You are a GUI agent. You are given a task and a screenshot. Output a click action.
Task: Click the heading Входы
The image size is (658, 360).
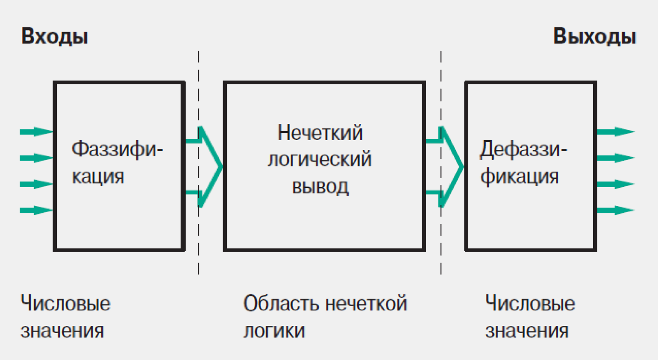(x=54, y=36)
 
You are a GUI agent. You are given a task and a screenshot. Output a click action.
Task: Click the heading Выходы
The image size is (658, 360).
(x=594, y=36)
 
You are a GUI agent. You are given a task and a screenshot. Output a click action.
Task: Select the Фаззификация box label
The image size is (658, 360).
(x=117, y=163)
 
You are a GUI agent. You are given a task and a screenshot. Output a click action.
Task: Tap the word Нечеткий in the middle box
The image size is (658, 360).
(x=320, y=132)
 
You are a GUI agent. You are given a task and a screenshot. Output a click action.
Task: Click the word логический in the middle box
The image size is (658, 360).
(x=320, y=159)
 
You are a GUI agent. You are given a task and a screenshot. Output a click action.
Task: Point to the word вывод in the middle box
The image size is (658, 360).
(x=320, y=187)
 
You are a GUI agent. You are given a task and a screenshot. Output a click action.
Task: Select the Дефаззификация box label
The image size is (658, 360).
(x=523, y=163)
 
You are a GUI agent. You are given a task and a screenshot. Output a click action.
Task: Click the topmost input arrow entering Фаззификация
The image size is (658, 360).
(x=36, y=132)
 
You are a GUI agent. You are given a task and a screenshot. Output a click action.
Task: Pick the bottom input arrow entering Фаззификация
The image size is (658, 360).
(x=36, y=210)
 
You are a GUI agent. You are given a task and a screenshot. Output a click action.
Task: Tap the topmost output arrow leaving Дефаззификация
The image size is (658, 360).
(x=615, y=132)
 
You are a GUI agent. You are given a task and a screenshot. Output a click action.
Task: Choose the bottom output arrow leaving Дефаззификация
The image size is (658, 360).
(x=615, y=210)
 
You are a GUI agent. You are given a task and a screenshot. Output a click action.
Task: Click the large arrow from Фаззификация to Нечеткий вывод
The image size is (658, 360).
(x=207, y=167)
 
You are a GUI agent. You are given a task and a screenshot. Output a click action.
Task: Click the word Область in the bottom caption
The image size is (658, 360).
(x=281, y=304)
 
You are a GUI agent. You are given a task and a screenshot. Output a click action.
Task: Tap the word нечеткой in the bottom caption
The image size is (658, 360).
(x=366, y=304)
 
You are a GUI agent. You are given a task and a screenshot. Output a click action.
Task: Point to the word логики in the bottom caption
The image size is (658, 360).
(x=274, y=331)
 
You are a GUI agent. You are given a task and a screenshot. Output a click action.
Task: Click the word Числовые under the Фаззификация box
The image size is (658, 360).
(x=65, y=304)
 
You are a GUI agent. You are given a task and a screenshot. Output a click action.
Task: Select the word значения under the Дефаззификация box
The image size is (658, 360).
(x=526, y=331)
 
